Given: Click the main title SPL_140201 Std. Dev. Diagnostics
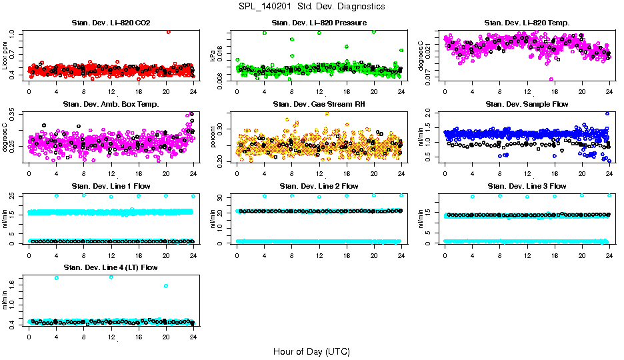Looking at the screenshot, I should [x=311, y=7].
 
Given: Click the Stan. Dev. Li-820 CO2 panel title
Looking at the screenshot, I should [x=111, y=23].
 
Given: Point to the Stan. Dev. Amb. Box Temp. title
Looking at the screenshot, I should [x=111, y=105].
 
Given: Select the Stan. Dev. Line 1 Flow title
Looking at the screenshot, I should [x=111, y=186].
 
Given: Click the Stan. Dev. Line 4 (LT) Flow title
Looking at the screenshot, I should [x=111, y=267].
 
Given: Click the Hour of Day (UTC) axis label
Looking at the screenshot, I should [x=311, y=351].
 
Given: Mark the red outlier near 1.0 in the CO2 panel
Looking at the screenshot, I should [x=169, y=31].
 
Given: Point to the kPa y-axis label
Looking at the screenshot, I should [x=213, y=55].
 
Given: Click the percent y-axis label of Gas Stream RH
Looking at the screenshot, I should [x=213, y=136].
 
